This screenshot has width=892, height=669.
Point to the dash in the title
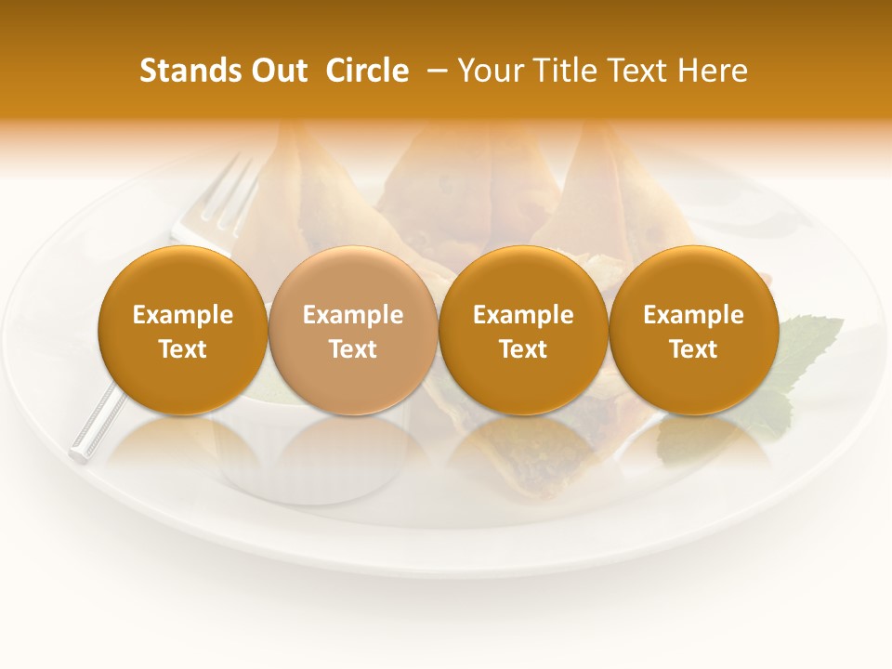coord(432,71)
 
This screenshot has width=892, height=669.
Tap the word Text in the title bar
coord(640,71)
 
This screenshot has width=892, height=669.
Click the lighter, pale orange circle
coord(352,279)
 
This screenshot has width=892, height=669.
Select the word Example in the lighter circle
coord(353,315)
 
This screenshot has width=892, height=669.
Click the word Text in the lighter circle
coord(353,349)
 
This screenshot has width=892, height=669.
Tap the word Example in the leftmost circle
coord(183,315)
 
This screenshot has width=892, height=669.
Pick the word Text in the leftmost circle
coord(183,349)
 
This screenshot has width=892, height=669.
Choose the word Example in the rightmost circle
coord(693,315)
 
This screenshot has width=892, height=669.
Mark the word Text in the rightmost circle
coord(693,349)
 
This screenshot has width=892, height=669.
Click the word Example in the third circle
coord(523,315)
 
